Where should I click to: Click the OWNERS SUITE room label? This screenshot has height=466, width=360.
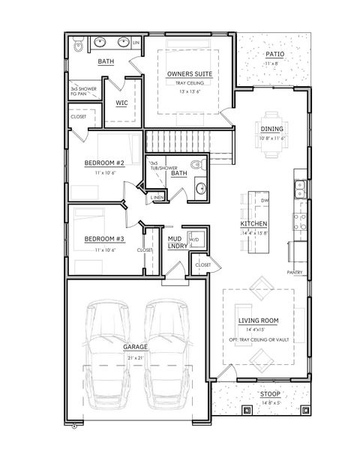[x=190, y=73]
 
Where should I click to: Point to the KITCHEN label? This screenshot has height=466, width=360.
[x=253, y=224]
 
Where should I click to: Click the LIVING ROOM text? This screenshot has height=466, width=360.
[x=258, y=321]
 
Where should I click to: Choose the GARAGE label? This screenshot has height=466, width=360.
[x=135, y=348]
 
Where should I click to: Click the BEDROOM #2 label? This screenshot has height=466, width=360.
[x=103, y=162]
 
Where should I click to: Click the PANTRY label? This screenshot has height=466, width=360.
[x=295, y=272]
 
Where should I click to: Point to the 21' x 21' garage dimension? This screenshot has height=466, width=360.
[x=135, y=358]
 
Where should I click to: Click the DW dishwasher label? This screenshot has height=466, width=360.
[x=264, y=202]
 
